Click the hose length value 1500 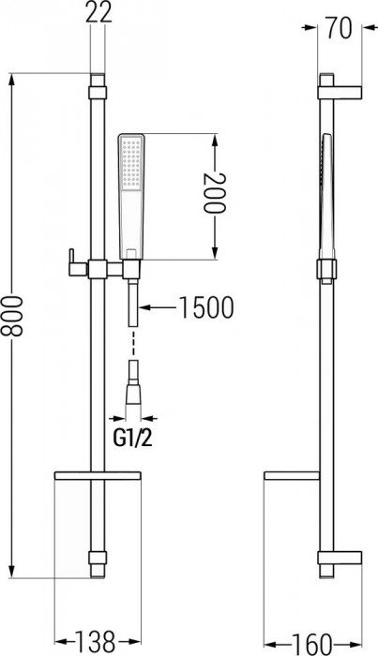coord(201,307)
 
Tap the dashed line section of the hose coord(134,334)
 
